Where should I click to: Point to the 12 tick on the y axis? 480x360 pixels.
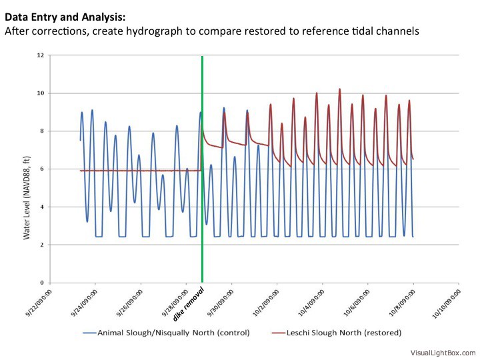[x=41, y=55]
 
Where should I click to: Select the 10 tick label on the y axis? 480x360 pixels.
[x=41, y=93]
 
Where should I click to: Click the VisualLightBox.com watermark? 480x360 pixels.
[x=443, y=353]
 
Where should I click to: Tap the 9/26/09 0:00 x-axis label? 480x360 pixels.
[x=129, y=302]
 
